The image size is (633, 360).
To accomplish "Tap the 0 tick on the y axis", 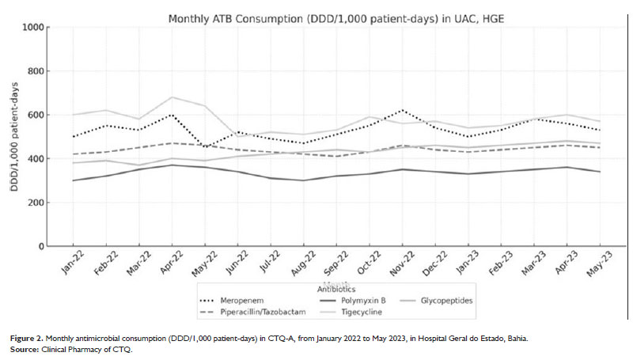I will coord(41,247).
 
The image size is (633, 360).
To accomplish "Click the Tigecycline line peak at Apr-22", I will coord(172,97).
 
